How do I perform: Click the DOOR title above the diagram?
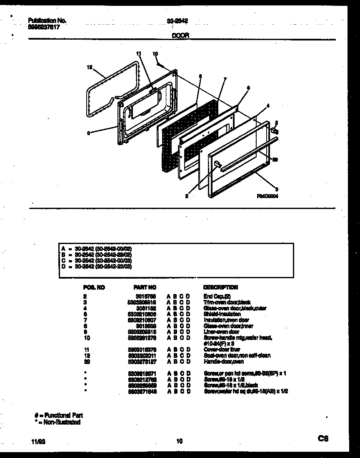click(x=181, y=36)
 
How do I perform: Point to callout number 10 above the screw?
click(x=155, y=54)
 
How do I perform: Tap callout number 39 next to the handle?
click(x=275, y=159)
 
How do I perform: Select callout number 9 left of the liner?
click(x=88, y=133)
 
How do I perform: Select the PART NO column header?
click(x=145, y=287)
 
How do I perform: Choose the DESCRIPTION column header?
click(x=220, y=287)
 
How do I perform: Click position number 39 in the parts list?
click(x=87, y=361)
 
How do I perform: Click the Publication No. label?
click(x=47, y=20)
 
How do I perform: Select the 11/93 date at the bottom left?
click(x=37, y=441)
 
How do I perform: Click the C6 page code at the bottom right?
click(x=323, y=438)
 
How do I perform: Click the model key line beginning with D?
click(x=96, y=266)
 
